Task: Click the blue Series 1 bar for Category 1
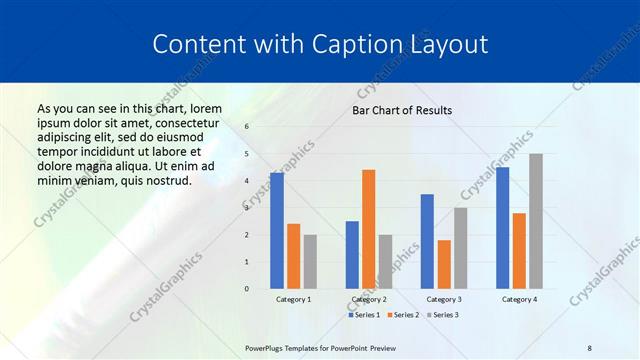(277, 231)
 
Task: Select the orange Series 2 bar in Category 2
(368, 229)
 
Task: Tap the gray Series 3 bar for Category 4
(536, 221)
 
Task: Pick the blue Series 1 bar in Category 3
(427, 241)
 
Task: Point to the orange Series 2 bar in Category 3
(444, 264)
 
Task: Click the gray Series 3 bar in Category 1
(310, 262)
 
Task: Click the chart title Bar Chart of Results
(401, 110)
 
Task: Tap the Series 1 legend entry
(363, 315)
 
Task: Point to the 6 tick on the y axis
(247, 127)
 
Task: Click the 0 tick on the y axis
(247, 289)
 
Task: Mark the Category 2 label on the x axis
(368, 300)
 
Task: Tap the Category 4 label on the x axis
(518, 300)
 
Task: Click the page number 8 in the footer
(589, 347)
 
